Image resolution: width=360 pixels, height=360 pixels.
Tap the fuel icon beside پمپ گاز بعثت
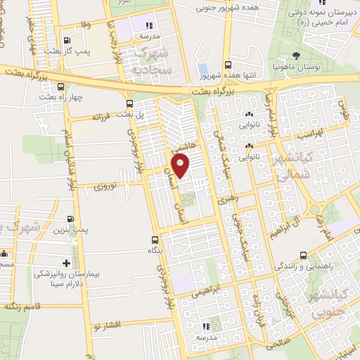[x=67, y=41]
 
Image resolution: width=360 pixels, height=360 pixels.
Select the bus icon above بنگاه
[x=154, y=240]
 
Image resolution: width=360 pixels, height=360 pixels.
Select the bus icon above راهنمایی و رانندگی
[x=302, y=255]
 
